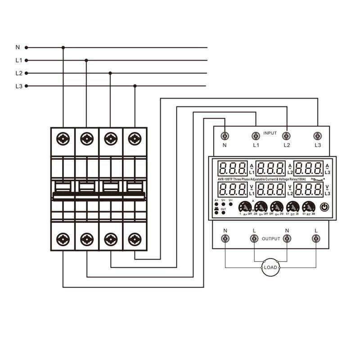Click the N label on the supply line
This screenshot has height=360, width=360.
(x=18, y=47)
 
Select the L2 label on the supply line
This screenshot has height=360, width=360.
(x=18, y=73)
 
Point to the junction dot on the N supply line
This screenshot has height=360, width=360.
(x=63, y=47)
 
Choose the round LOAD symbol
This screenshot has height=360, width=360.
(x=270, y=267)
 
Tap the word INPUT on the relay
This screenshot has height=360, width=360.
(x=270, y=133)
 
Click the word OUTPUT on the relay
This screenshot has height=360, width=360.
(x=271, y=238)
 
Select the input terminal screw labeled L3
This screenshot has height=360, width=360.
(x=318, y=135)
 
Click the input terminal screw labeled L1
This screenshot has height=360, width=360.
(x=256, y=135)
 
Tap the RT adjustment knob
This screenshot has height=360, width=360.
(x=308, y=207)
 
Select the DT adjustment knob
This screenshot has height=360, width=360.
(x=292, y=207)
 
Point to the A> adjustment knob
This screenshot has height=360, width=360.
(x=245, y=207)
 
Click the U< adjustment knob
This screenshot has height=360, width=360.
(x=277, y=207)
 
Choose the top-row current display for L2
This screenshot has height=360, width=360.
(x=270, y=169)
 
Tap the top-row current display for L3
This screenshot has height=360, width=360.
(x=308, y=169)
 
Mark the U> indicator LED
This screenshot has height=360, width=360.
(x=224, y=204)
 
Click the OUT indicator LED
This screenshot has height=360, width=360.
(x=217, y=212)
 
